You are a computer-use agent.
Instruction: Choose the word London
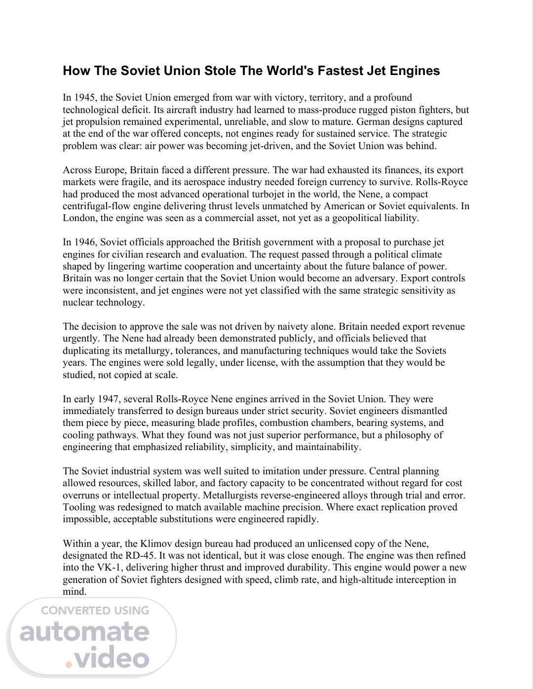tap(79, 218)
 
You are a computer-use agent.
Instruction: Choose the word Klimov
tap(155, 544)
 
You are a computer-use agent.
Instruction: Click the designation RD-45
tap(132, 556)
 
